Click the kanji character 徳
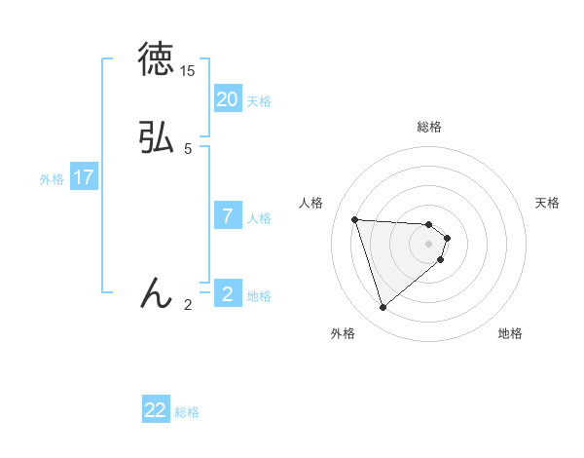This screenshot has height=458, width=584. point(156,59)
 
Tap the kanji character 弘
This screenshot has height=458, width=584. point(156,138)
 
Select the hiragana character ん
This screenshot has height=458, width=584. point(156,292)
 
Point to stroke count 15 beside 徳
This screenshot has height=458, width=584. point(188,72)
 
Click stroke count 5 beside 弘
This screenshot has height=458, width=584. point(188,149)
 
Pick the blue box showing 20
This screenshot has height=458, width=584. point(228,99)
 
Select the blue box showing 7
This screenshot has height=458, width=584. point(228,216)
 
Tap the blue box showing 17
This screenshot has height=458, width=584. point(84,177)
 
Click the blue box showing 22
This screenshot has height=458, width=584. point(156,410)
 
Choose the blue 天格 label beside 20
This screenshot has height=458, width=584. point(259,101)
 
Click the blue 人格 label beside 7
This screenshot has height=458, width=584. point(259,218)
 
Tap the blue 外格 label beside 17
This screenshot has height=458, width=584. point(52,179)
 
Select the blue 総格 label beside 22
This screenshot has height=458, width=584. point(187,412)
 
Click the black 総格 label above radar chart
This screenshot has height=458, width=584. point(428,127)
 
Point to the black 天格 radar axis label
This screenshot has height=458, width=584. point(548,203)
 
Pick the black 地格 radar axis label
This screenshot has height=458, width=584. point(510,333)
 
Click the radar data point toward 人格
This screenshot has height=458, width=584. point(355,219)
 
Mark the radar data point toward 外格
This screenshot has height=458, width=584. point(383,308)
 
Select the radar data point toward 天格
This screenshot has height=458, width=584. point(447,238)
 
